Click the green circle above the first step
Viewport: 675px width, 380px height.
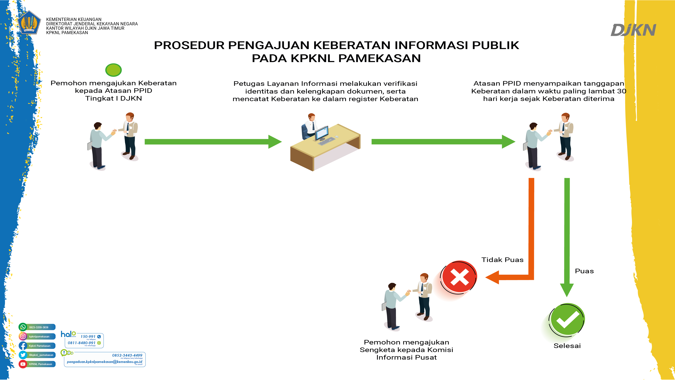point(114,70)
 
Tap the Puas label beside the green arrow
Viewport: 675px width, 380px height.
point(584,271)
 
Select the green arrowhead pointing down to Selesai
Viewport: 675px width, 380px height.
point(567,290)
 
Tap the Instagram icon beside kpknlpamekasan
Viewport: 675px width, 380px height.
point(23,336)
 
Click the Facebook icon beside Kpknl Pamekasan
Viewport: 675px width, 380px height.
point(23,346)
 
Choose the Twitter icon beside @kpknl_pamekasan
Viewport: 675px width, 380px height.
point(23,355)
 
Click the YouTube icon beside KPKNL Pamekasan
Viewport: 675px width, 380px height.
point(23,364)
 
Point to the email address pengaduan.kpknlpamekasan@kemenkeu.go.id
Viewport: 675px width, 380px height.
point(104,362)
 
